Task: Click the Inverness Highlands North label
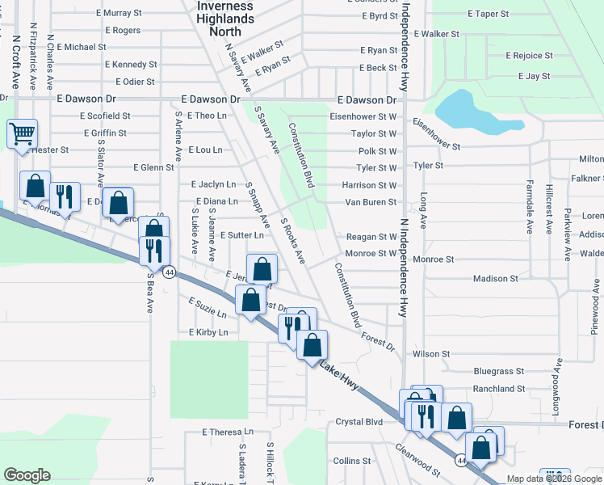click(x=225, y=19)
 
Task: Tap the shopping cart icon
click(x=22, y=133)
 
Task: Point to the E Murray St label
click(x=118, y=14)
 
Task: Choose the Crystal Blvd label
click(x=359, y=422)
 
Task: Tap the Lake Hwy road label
click(x=338, y=374)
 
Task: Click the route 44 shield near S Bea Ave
click(x=169, y=272)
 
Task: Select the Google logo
click(x=27, y=475)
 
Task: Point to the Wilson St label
click(x=430, y=354)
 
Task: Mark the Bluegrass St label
click(x=499, y=372)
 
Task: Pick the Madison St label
click(x=495, y=279)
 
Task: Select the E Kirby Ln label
click(x=208, y=332)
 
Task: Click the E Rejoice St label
click(x=529, y=56)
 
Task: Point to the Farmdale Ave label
click(x=530, y=206)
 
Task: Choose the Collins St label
click(x=351, y=460)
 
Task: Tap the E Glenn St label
click(x=153, y=168)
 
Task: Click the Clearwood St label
click(x=417, y=458)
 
